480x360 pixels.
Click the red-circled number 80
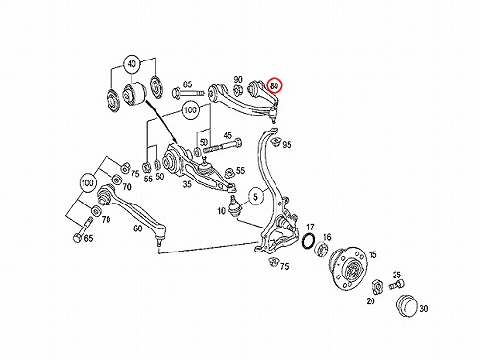coord(275,85)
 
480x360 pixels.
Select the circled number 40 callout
coord(132,64)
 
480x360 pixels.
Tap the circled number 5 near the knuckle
coord(255,197)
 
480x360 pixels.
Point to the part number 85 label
coord(187,84)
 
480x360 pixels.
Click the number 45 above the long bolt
coord(228,135)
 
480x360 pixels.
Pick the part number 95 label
coord(287,145)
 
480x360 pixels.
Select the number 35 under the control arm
coord(187,184)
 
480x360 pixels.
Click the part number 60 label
coord(138,228)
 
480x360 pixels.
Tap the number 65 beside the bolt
coord(88,238)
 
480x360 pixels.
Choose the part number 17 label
coord(310,228)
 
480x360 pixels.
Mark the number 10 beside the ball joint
coord(222,211)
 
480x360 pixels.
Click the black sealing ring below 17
coord(308,241)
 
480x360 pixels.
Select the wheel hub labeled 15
coord(348,267)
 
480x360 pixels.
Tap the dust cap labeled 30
coord(407,306)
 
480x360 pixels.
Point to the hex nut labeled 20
coord(377,287)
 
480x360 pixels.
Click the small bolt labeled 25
coord(397,285)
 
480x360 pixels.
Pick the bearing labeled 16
coord(322,250)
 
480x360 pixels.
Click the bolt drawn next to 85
coord(188,94)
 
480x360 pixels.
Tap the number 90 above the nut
coord(238,79)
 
